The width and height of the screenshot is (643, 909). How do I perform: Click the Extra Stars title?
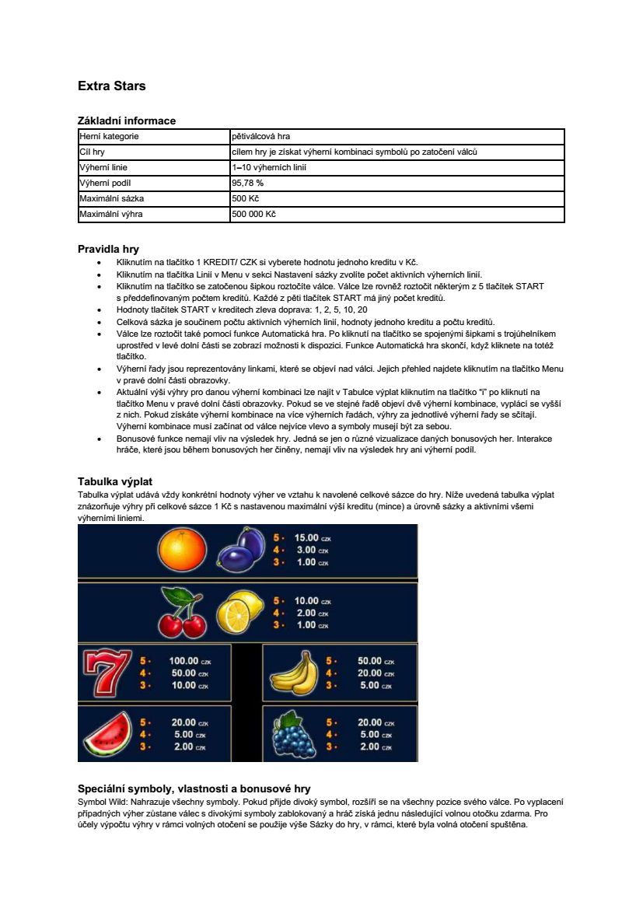(x=111, y=86)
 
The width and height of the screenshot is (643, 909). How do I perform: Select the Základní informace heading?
(x=126, y=121)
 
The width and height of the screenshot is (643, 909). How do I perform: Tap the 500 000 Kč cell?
(x=253, y=214)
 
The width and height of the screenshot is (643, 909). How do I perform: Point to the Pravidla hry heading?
(x=108, y=249)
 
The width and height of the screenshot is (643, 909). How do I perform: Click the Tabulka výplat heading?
(x=120, y=481)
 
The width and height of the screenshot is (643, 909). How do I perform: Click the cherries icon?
(x=180, y=614)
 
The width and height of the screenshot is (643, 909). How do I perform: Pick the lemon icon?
(x=242, y=612)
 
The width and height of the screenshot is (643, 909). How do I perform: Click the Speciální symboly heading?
(x=194, y=788)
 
